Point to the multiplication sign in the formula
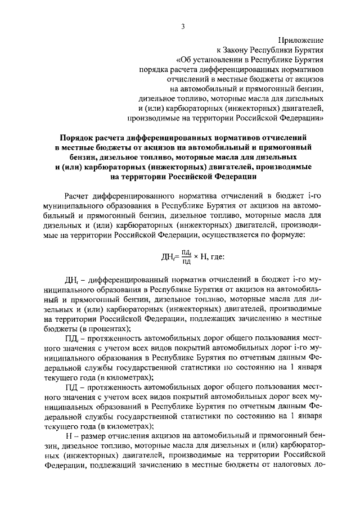click(x=198, y=257)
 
